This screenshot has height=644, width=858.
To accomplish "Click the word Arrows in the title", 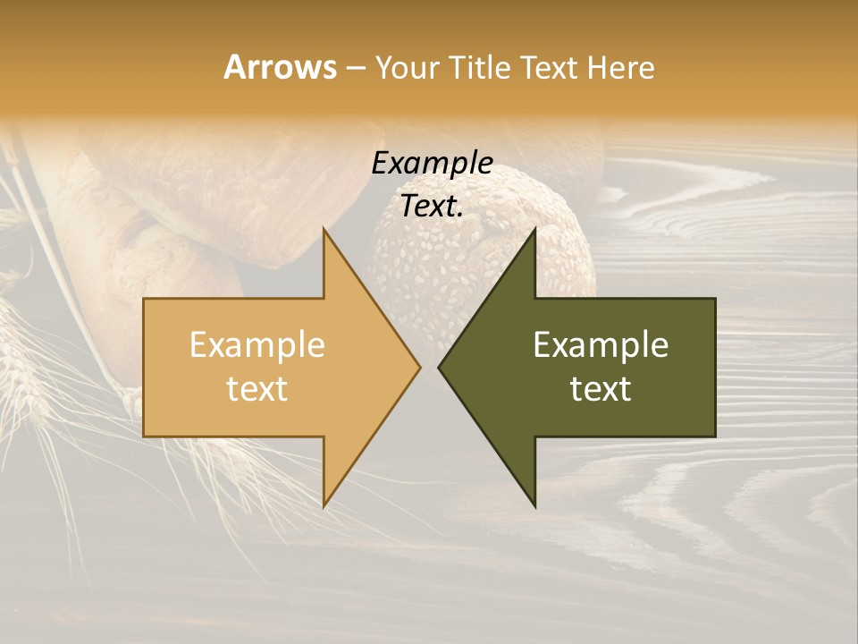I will tap(280, 67).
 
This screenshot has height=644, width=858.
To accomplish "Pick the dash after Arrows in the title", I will tap(356, 68).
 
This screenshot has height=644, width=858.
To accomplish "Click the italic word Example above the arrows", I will tap(432, 164).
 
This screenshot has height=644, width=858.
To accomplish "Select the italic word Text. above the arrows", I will tap(432, 207).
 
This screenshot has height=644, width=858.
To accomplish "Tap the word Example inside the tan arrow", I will tap(257, 345).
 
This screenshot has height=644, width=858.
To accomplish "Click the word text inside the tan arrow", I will tap(257, 389).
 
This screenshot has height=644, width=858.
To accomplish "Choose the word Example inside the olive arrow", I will tap(601, 345).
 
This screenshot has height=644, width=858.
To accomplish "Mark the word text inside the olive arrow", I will tap(601, 389).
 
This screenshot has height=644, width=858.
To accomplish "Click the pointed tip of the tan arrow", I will tap(419, 367).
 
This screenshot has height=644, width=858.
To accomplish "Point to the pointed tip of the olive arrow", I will tap(440, 367).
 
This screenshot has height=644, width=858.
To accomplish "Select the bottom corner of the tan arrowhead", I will tap(324, 505).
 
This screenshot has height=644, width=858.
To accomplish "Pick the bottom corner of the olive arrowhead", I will tap(534, 505).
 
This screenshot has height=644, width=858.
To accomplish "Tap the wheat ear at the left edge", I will tap(22, 358).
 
